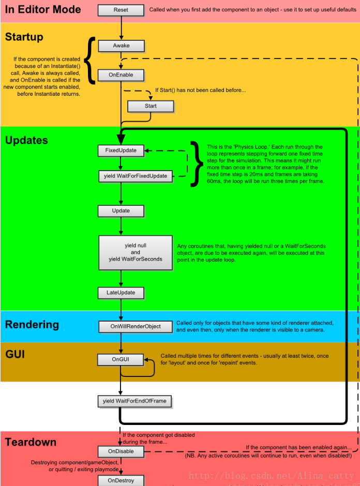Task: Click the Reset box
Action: click(x=121, y=10)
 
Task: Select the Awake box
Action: click(x=121, y=46)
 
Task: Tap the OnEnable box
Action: click(x=121, y=75)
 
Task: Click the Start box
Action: click(x=151, y=106)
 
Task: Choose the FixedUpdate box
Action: click(x=121, y=150)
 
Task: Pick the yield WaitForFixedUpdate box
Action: click(x=136, y=176)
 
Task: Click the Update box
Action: click(x=121, y=211)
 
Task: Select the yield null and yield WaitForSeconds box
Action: click(x=136, y=253)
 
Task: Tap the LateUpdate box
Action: click(x=121, y=293)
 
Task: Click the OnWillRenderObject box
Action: click(x=136, y=327)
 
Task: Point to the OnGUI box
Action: click(x=121, y=359)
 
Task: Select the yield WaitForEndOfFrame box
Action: click(x=135, y=401)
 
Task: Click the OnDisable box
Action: click(x=121, y=451)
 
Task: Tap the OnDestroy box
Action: click(x=121, y=481)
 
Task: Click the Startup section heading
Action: click(x=24, y=37)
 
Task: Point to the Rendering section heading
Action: click(x=32, y=325)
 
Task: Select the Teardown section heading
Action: click(x=31, y=442)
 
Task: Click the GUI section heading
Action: click(x=15, y=354)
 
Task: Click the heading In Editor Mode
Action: click(x=43, y=9)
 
